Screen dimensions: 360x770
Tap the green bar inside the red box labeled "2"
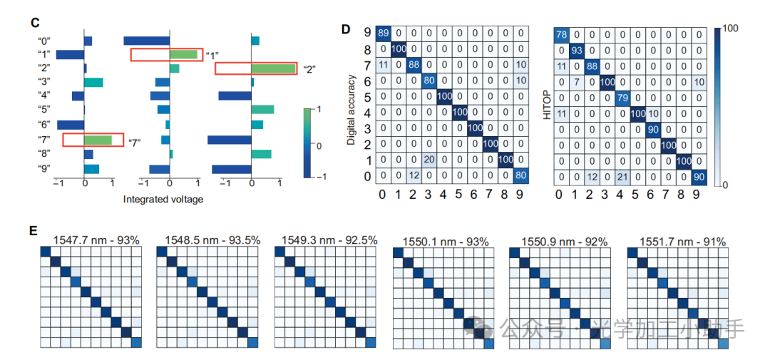(273, 68)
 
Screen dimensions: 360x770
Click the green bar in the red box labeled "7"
(98, 140)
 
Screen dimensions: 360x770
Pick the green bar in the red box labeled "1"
(183, 54)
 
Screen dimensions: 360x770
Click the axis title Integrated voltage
(163, 200)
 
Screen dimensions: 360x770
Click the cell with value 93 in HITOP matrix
(577, 51)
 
